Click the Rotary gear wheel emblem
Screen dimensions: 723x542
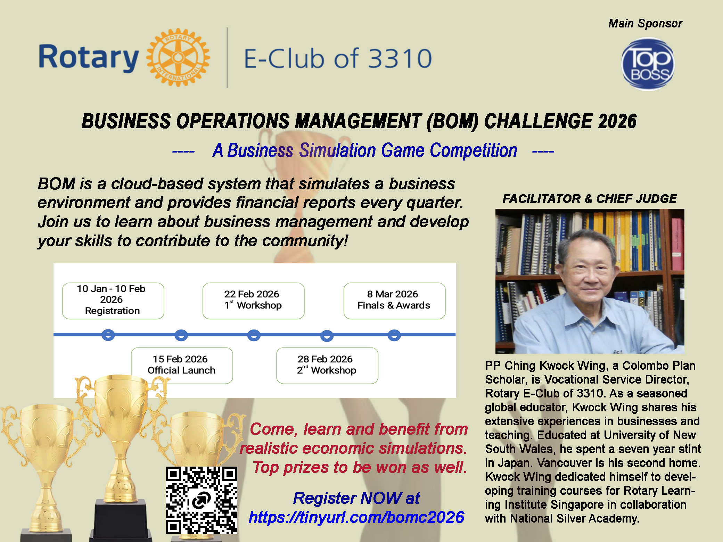pyautogui.click(x=178, y=57)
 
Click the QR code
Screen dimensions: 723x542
pyautogui.click(x=202, y=500)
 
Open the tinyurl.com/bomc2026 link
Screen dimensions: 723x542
pyautogui.click(x=356, y=517)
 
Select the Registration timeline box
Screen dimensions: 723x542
pyautogui.click(x=113, y=301)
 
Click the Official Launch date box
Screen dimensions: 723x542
pyautogui.click(x=182, y=365)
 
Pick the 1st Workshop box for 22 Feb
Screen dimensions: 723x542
pyautogui.click(x=253, y=301)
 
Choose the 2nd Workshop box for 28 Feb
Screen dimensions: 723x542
pyautogui.click(x=327, y=365)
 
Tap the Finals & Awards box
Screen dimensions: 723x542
pyautogui.click(x=394, y=301)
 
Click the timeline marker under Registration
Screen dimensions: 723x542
pyautogui.click(x=108, y=335)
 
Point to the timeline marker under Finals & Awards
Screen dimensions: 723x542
pyautogui.click(x=394, y=335)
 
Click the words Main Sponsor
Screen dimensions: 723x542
pyautogui.click(x=645, y=23)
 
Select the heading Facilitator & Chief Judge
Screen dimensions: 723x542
pyautogui.click(x=590, y=198)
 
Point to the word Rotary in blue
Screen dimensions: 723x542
pyautogui.click(x=89, y=58)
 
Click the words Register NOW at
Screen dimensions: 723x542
pyautogui.click(x=356, y=498)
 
